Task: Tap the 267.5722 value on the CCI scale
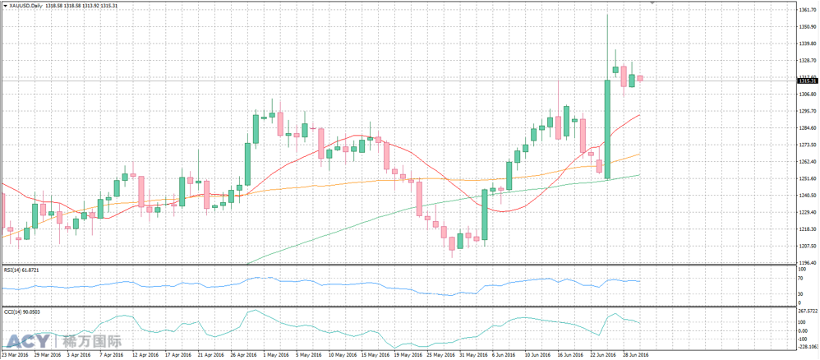(808, 312)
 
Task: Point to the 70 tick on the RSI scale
(800, 279)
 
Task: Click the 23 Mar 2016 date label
(16, 355)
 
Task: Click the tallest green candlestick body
(607, 128)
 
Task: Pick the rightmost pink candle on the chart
(640, 78)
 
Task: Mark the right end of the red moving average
(639, 116)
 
